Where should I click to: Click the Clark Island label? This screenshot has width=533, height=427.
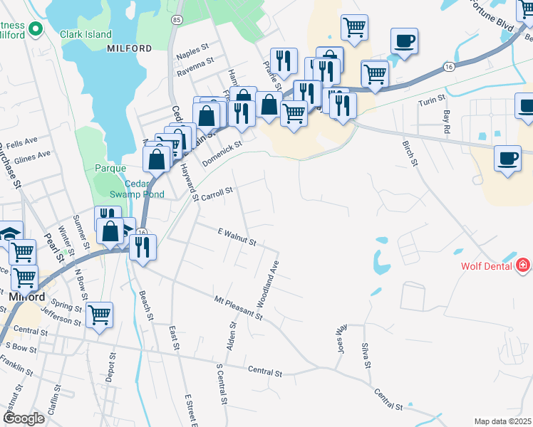coord(86,34)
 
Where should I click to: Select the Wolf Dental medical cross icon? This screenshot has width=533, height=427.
coord(524,265)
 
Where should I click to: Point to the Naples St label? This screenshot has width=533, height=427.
coord(195,53)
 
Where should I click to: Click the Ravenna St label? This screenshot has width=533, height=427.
coord(196,64)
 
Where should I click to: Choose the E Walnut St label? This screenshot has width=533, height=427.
coord(237,238)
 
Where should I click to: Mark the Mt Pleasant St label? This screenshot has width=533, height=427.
coord(239,307)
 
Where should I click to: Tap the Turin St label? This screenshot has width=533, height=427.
coord(431,97)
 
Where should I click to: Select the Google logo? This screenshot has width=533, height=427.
coord(24,418)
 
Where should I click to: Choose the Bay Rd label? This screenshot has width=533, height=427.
coord(447,122)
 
